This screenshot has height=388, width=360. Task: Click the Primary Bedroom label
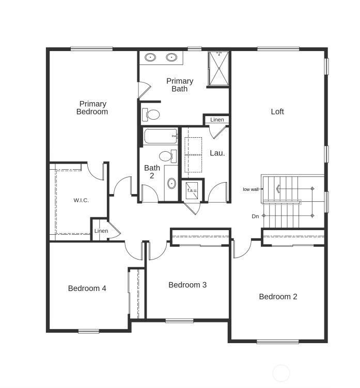tap(92, 108)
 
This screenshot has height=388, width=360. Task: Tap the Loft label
tap(277, 111)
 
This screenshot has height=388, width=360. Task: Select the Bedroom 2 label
tap(278, 297)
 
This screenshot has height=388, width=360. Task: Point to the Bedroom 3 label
tap(187, 285)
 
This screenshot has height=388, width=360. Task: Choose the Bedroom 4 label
tap(87, 288)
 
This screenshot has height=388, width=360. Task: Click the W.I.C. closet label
tap(81, 200)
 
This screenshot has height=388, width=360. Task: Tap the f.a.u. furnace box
tap(192, 190)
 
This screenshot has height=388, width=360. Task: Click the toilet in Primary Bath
tap(151, 115)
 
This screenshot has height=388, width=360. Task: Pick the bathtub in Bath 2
tap(160, 136)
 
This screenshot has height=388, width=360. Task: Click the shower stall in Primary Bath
tap(218, 68)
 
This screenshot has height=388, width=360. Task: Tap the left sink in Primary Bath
tap(150, 57)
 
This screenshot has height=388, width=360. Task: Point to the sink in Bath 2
tap(171, 183)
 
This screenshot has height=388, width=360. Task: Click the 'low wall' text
tap(251, 189)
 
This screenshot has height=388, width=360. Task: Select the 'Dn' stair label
tap(255, 216)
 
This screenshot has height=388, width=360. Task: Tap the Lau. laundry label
tap(217, 153)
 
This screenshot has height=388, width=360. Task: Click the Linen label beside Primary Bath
tap(217, 120)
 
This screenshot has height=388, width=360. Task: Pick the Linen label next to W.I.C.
tap(101, 231)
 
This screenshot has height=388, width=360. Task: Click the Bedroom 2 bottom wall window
tap(278, 342)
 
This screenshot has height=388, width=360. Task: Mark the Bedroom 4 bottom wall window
tap(89, 331)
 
